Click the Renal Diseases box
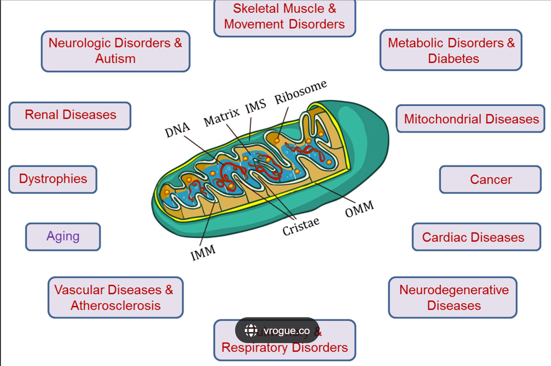click(x=70, y=115)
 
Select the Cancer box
click(x=490, y=180)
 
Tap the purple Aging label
click(x=63, y=236)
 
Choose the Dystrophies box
click(x=53, y=179)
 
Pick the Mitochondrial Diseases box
click(x=471, y=119)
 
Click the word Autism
click(x=115, y=58)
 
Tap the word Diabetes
click(x=453, y=58)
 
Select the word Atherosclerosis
click(x=116, y=305)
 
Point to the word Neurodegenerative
click(x=454, y=290)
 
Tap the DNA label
click(x=177, y=130)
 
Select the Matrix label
click(x=221, y=117)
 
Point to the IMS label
click(x=255, y=106)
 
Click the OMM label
click(x=359, y=209)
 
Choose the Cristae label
click(x=301, y=226)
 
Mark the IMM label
click(x=203, y=252)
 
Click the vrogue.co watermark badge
click(x=277, y=330)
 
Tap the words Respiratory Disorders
click(x=285, y=347)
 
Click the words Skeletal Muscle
click(x=279, y=8)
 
